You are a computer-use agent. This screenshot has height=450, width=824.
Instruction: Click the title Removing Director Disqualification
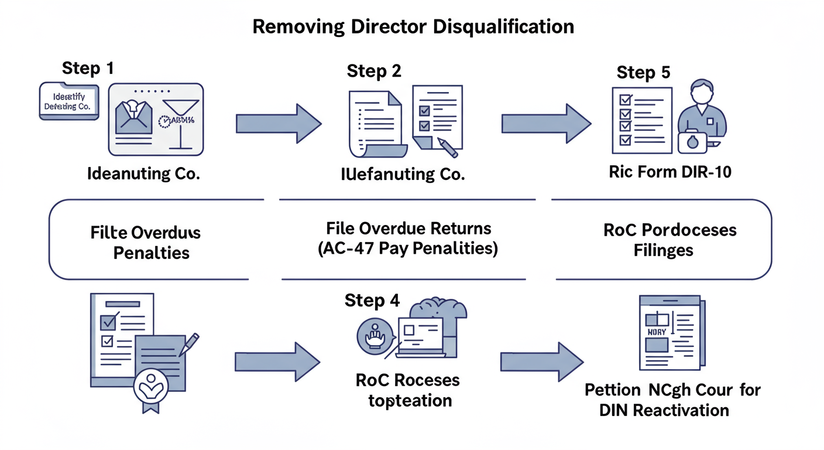coord(413,27)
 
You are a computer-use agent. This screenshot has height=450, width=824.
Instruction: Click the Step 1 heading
coord(88,68)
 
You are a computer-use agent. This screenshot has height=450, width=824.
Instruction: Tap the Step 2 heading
coord(374,71)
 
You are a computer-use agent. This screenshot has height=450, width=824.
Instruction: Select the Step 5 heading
coord(643,73)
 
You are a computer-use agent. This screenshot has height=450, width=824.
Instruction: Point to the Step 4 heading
coord(372,301)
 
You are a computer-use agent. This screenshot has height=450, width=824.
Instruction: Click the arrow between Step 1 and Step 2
coord(279,124)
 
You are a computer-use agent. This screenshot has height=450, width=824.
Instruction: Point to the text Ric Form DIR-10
coord(669,173)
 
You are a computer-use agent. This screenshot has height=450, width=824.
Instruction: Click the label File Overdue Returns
coord(408,228)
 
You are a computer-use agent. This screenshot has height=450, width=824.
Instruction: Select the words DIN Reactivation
coord(664,410)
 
